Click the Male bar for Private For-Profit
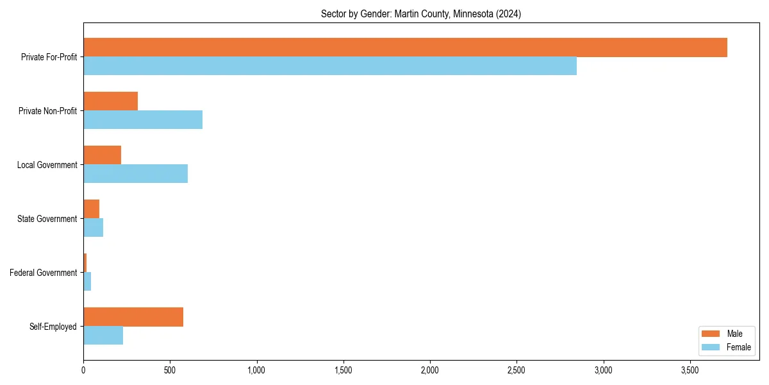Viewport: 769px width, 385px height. tap(405, 47)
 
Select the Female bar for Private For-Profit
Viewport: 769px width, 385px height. tap(330, 66)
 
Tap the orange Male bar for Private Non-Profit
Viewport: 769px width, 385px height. tap(110, 101)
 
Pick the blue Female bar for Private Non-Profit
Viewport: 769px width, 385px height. tap(143, 120)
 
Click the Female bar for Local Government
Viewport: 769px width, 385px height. tap(135, 174)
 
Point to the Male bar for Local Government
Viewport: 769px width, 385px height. tap(102, 155)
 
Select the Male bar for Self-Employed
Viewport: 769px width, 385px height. tap(133, 317)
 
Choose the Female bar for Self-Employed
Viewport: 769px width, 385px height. tap(103, 336)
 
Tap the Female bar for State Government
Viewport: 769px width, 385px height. tap(93, 228)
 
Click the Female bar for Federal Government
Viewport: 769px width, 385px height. tap(87, 282)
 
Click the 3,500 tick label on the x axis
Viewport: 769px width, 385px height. tap(690, 370)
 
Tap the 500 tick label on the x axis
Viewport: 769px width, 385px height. tap(170, 370)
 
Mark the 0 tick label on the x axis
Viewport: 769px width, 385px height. tap(83, 370)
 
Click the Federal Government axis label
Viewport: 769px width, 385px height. tap(44, 273)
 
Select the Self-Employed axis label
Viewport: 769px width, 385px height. tap(53, 327)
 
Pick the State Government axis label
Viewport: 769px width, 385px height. tap(47, 219)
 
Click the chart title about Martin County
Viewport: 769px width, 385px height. tap(421, 14)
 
